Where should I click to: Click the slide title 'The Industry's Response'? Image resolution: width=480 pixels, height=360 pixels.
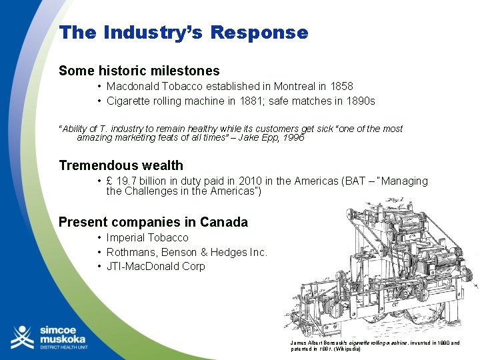point(183,33)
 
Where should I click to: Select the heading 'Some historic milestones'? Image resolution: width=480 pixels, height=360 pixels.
point(139,71)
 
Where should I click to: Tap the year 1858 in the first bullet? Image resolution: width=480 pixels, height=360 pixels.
point(340,87)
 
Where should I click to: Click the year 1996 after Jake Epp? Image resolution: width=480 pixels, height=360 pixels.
point(293,137)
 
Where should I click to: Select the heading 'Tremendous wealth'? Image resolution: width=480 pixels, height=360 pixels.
point(121,165)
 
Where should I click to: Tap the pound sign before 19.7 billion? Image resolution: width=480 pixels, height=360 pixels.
point(110,181)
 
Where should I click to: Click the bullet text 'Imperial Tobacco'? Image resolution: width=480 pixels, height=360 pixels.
point(147,238)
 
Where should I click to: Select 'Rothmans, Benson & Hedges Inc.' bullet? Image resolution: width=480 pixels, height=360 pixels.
point(187,252)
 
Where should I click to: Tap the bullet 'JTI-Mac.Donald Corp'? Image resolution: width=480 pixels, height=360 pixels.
point(155,267)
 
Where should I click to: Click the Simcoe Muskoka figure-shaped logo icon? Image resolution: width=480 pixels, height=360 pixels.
point(22,337)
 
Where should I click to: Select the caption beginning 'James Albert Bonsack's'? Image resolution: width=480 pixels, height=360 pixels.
point(375,346)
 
